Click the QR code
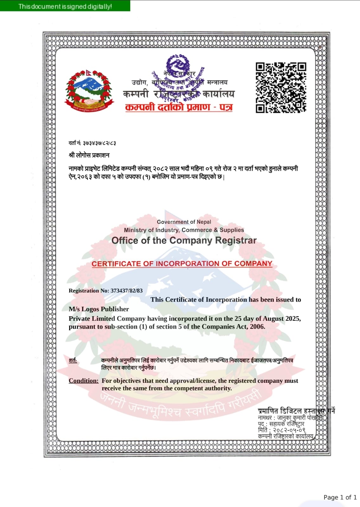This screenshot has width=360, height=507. pos(281,87)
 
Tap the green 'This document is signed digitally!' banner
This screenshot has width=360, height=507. pos(65,6)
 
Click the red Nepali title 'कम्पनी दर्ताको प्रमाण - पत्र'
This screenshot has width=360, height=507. pos(179,107)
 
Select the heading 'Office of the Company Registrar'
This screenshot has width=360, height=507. pos(184,241)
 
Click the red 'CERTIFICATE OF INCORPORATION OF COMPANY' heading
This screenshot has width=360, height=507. pos(182,264)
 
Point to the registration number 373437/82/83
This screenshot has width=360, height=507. pos(126,291)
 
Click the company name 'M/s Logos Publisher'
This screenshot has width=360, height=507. pos(99,309)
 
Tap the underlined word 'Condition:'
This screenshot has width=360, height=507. pos(84,381)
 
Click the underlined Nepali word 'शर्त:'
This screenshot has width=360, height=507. pos(73,360)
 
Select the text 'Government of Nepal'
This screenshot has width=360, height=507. pos(184,222)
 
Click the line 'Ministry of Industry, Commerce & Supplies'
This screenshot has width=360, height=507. pos(184,230)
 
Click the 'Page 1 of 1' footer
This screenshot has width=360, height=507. pos(340,497)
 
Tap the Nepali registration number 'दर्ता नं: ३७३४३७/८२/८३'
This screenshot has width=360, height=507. pos(92,143)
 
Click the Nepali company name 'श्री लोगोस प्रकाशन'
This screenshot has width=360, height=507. pos(89,155)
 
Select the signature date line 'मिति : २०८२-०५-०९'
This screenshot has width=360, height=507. pos(281,430)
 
